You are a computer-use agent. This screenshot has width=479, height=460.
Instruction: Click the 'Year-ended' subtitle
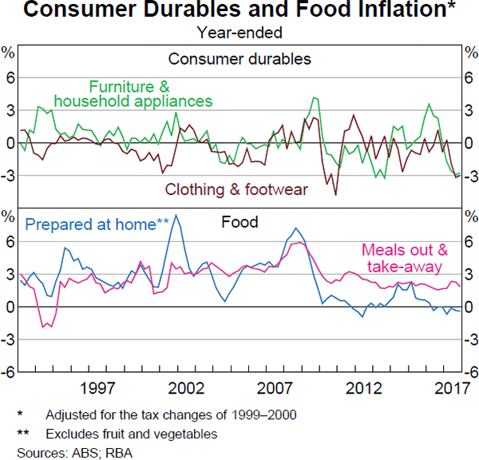click(x=239, y=33)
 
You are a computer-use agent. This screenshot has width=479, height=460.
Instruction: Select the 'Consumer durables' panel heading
click(x=239, y=58)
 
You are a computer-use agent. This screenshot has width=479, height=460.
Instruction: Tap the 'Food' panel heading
click(x=239, y=223)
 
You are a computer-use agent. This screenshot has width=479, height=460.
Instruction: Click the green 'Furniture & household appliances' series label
click(x=150, y=93)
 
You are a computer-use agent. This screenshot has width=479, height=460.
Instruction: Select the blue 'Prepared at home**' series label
click(x=97, y=224)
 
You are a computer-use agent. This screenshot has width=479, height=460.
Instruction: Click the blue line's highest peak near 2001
click(x=176, y=215)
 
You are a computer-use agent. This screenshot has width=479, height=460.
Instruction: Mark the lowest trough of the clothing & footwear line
click(x=335, y=195)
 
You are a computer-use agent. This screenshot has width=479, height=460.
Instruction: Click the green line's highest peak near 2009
click(x=315, y=97)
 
